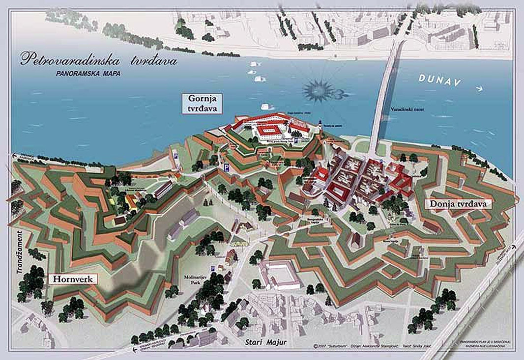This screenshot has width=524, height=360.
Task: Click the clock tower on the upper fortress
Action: (x=321, y=126)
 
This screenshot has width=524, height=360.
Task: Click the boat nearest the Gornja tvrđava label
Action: (x=267, y=106)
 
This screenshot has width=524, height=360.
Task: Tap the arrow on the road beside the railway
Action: (x=511, y=249)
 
